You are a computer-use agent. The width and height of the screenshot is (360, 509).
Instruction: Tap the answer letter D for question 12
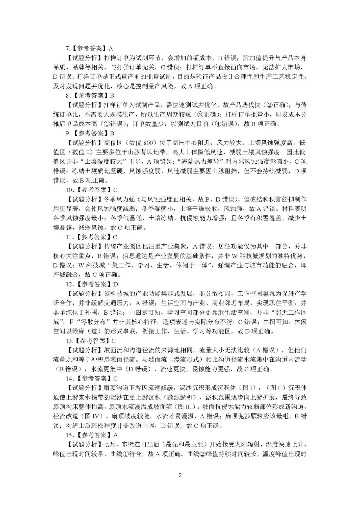[116, 284]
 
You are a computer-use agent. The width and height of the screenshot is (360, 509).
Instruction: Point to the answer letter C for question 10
[116, 190]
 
